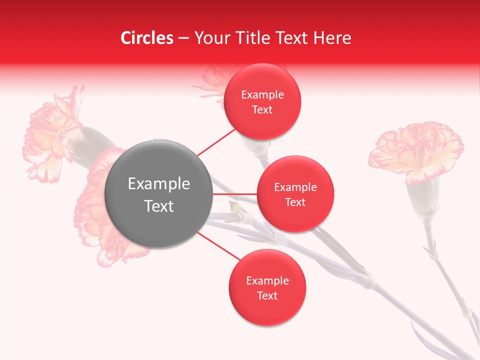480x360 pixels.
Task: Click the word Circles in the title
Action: pyautogui.click(x=147, y=38)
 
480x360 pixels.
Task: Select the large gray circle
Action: pyautogui.click(x=158, y=194)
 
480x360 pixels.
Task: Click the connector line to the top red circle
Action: pyautogui.click(x=216, y=142)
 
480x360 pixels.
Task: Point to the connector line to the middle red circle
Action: pyautogui.click(x=234, y=194)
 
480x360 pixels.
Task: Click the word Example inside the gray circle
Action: pyautogui.click(x=158, y=184)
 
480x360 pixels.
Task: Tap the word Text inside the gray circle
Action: pyautogui.click(x=158, y=206)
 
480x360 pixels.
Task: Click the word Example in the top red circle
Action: pyautogui.click(x=262, y=95)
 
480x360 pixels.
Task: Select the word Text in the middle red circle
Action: pyautogui.click(x=295, y=202)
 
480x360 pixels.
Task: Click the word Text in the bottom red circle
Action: pyautogui.click(x=267, y=296)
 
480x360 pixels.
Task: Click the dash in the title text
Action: pyautogui.click(x=183, y=38)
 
